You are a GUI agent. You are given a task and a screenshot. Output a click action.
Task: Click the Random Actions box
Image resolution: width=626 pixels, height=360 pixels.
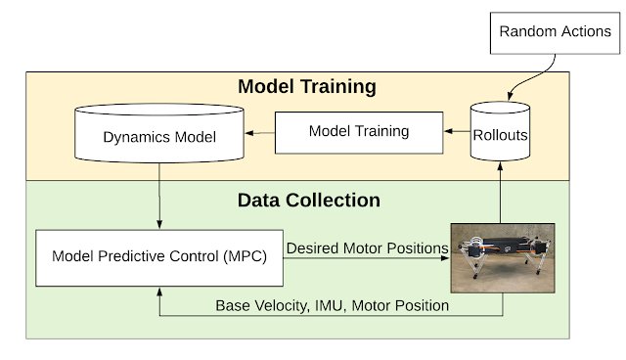click(556, 32)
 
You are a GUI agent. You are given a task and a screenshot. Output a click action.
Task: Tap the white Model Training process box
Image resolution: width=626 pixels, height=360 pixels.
click(360, 131)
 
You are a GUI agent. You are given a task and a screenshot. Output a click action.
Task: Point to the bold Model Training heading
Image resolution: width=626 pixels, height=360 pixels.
click(306, 87)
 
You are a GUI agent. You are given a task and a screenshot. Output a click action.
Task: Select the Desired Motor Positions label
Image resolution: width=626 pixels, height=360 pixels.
click(367, 248)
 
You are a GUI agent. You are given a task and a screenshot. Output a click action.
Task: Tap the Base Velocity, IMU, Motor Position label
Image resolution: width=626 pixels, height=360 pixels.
click(332, 305)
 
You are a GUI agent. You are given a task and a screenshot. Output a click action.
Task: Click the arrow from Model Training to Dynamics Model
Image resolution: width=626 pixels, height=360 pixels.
click(259, 131)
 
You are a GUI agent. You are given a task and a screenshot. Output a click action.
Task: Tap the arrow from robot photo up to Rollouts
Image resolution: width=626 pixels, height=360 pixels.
click(502, 196)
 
